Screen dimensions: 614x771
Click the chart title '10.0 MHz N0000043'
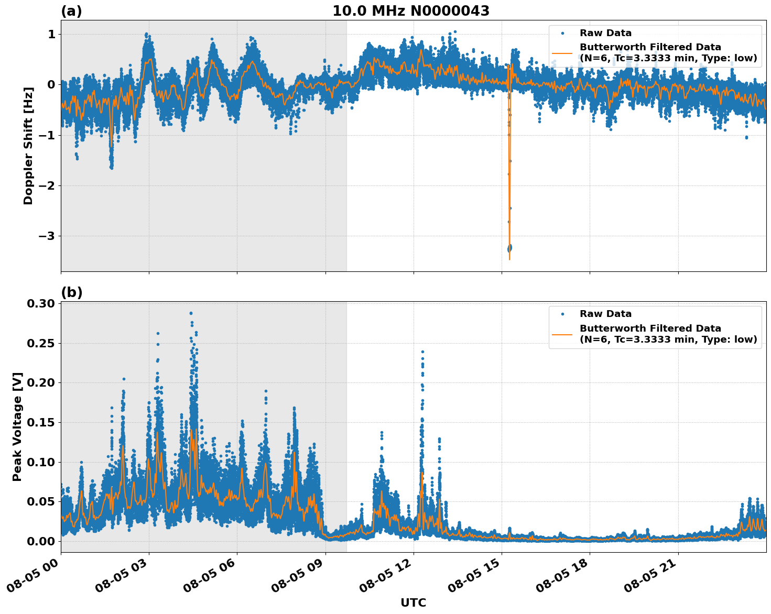(x=410, y=11)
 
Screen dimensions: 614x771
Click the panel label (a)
(x=71, y=11)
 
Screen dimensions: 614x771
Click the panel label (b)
(x=71, y=292)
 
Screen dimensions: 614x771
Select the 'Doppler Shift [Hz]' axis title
(x=28, y=146)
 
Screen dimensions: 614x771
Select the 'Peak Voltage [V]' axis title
(x=17, y=426)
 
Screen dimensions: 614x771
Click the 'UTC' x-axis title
(x=413, y=602)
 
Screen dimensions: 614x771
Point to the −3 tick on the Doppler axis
(x=47, y=236)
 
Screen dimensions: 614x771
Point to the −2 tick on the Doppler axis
(x=47, y=185)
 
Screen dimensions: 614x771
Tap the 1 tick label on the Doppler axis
(x=51, y=35)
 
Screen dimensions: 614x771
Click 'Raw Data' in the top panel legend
(x=605, y=34)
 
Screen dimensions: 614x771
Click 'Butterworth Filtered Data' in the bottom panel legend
(x=650, y=328)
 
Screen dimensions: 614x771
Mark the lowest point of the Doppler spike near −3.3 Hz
(x=509, y=259)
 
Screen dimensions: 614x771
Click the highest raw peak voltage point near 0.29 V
(x=191, y=313)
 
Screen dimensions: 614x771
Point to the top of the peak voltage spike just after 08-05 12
(x=422, y=352)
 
